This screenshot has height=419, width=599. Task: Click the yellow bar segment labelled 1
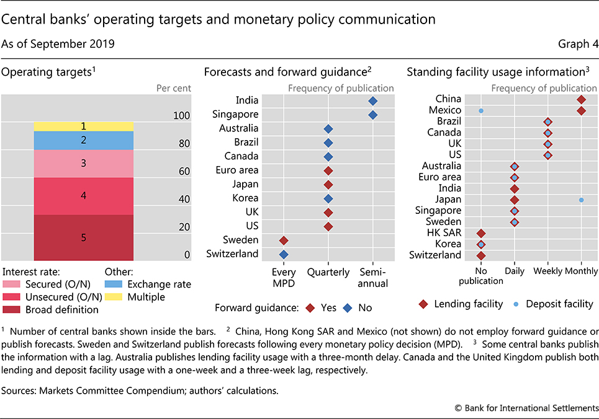pos(83,126)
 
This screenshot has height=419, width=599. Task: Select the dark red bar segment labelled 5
pos(83,237)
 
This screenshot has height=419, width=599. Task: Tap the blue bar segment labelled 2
pos(83,141)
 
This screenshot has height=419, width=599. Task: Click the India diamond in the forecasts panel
pos(372,100)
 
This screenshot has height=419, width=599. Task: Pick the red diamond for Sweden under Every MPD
pos(284,240)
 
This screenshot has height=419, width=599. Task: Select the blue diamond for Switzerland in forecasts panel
pos(284,254)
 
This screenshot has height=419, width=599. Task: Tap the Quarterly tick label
pos(328,271)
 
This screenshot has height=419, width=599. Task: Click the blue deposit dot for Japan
pos(581,200)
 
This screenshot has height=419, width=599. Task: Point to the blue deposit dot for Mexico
pos(481,110)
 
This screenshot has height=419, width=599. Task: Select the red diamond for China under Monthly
pos(581,99)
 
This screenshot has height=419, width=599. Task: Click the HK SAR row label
pos(444,232)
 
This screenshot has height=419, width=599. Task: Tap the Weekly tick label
pos(547,271)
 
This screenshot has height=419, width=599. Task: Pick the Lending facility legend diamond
pos(423,304)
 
